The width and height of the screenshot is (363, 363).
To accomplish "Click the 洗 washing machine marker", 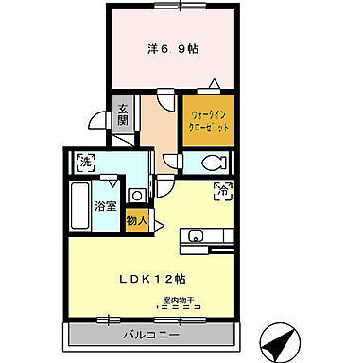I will [85, 161].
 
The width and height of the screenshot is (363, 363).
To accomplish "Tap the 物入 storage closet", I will [137, 220].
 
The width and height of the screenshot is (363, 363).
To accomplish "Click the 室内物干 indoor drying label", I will [178, 301].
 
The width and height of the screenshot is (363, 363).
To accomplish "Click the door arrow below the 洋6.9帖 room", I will [215, 83].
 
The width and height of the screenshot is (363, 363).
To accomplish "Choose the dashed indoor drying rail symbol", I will [179, 308].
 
